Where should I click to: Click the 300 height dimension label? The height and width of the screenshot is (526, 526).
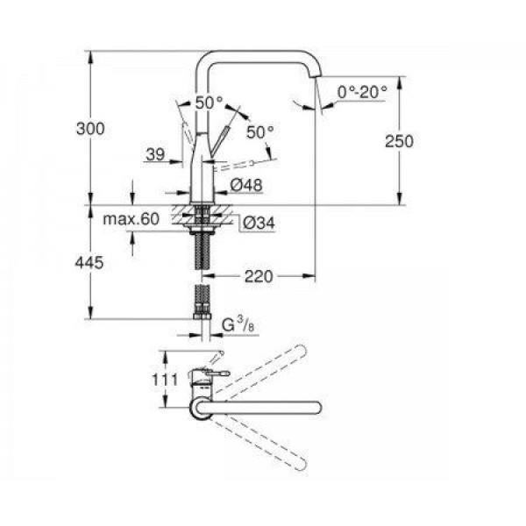90,129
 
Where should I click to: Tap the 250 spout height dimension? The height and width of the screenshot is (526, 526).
399,141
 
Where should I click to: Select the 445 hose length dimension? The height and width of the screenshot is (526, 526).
89,263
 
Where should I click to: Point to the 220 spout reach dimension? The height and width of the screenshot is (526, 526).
259,277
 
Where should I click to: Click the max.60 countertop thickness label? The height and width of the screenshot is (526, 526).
131,219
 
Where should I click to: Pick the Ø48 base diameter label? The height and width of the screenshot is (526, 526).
246,185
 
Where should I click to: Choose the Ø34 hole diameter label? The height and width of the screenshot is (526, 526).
259,223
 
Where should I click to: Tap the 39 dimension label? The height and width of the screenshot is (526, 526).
156,154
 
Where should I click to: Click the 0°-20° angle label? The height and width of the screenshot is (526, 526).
362,92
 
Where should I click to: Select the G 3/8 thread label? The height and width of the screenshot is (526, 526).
238,324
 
